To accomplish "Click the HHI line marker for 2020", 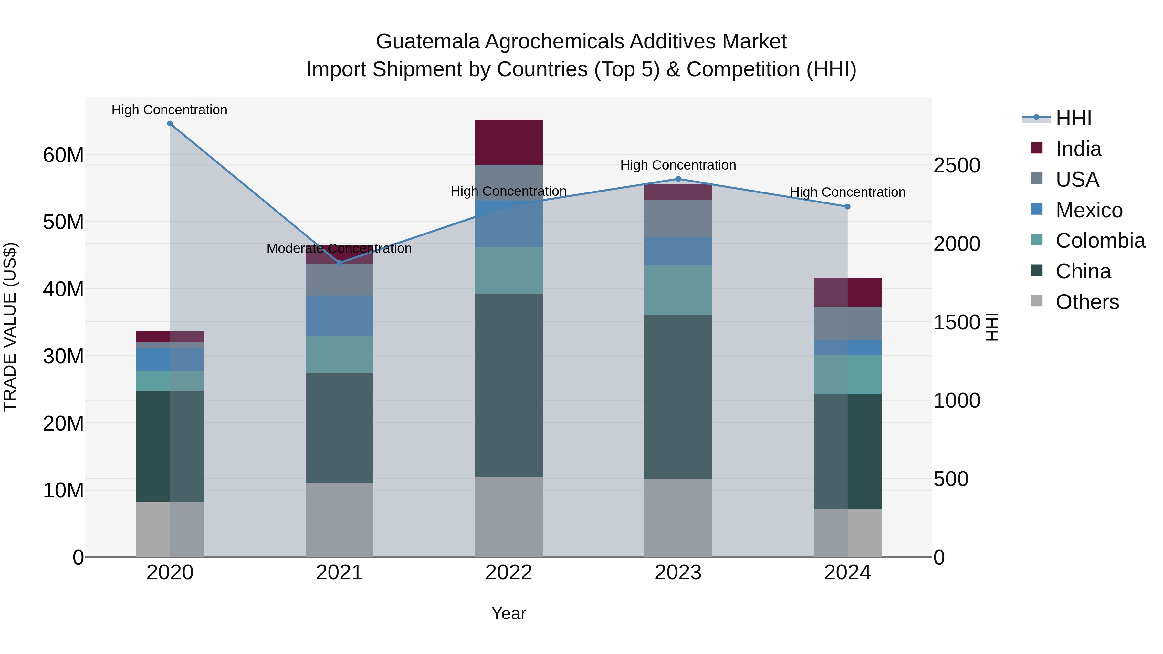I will [170, 124].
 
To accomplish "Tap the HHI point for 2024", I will [847, 207].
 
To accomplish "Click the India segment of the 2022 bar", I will [508, 142].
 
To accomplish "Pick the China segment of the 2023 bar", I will [678, 397].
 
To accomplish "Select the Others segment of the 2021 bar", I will [339, 520].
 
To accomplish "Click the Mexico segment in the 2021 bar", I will [339, 316].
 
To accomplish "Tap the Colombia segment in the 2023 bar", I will [678, 290].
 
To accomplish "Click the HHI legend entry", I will [1073, 118].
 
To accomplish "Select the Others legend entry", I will [1087, 302].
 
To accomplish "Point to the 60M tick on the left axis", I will [63, 155].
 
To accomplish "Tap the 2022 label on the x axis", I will [508, 573].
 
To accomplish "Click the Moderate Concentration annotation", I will [339, 248].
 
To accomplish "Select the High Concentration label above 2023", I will [678, 165].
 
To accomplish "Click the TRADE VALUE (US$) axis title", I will [10, 327].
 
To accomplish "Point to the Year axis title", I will [508, 613].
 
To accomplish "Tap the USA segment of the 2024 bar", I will [847, 323].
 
